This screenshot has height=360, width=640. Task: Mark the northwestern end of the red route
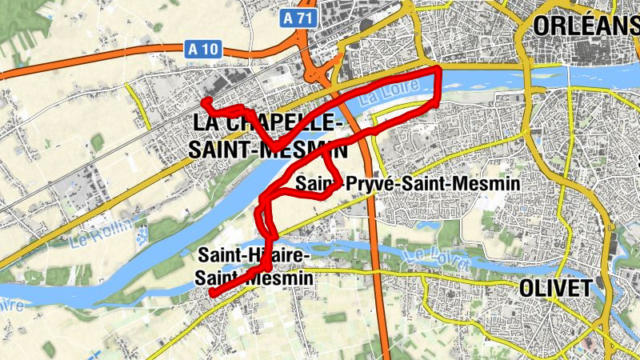point(204,102)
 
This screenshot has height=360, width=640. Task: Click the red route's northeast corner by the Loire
point(438,72)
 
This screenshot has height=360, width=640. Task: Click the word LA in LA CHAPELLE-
point(206,125)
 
